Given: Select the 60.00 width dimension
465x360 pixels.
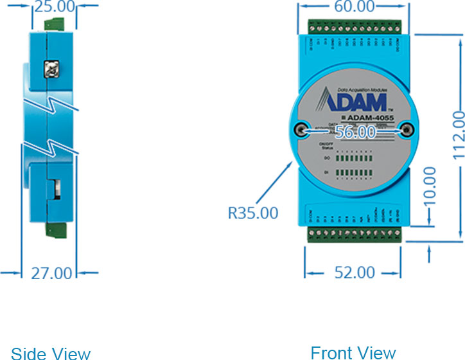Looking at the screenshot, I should click(354, 7).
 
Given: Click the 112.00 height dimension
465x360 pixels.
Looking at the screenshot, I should click(457, 134).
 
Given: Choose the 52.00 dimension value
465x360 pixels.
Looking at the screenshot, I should click(354, 273).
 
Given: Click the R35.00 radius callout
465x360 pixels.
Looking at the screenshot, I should click(253, 212).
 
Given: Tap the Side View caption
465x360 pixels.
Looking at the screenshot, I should click(51, 353).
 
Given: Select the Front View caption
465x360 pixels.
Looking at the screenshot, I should click(353, 352).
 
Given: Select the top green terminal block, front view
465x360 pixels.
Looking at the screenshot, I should click(354, 28).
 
